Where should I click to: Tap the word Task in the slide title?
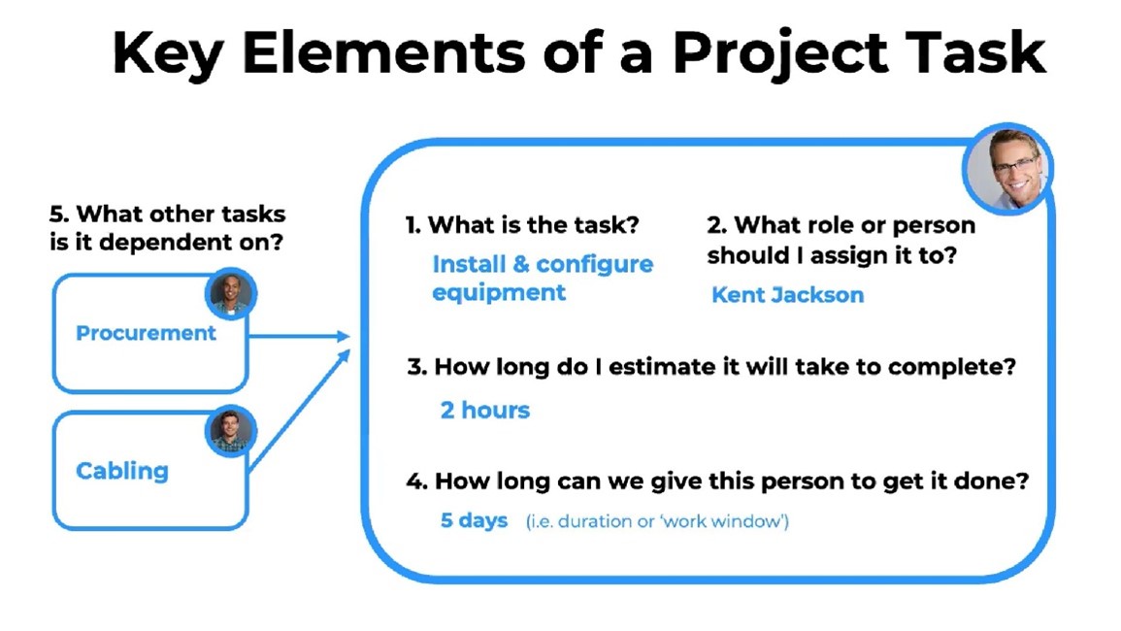pos(975,52)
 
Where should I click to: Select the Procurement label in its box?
pos(146,333)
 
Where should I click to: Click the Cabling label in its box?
pos(122,472)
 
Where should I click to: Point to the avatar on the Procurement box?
pos(230,293)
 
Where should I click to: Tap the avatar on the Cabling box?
pos(230,431)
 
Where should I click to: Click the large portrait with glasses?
pos(1008,169)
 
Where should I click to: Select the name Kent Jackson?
pos(787,295)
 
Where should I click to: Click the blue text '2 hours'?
pos(484,410)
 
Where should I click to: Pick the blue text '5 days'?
pos(474,520)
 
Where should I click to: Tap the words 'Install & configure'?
pos(543,264)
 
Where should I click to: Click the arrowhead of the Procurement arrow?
pos(344,336)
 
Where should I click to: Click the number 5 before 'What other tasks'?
pos(57,214)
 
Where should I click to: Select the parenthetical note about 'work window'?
pos(657,521)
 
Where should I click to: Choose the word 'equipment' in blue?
pos(499,293)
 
